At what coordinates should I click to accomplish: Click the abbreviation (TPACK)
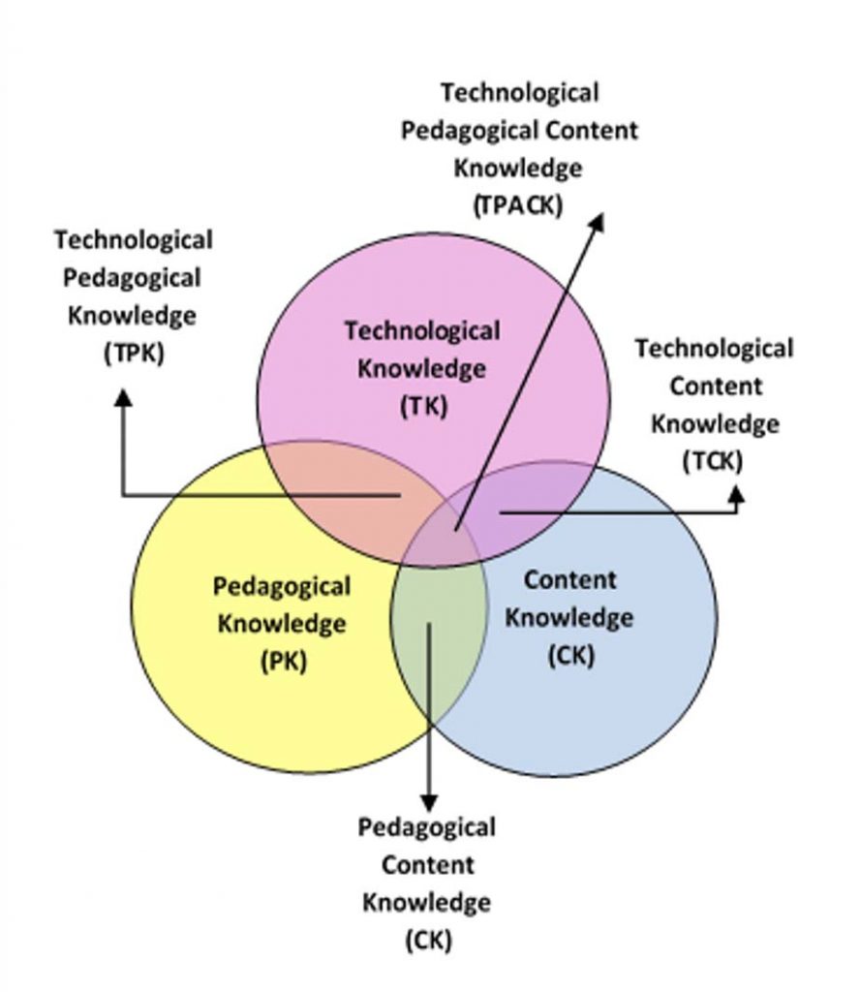(518, 205)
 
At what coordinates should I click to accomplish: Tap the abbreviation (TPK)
(134, 353)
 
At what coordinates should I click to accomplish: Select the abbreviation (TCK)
(713, 461)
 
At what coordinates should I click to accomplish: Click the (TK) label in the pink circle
(423, 406)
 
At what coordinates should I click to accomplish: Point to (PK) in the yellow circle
(284, 661)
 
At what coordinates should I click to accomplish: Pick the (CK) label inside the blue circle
(571, 655)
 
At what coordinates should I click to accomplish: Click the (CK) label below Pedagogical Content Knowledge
(428, 940)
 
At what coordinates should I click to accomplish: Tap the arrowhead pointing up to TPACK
(597, 222)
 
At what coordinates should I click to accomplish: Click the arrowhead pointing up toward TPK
(124, 396)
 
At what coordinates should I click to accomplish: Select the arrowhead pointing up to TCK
(736, 494)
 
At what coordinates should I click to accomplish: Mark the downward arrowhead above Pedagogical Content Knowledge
(429, 803)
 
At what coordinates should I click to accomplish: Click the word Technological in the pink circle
(422, 331)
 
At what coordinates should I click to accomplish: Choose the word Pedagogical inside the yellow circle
(282, 587)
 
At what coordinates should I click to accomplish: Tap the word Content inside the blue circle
(569, 580)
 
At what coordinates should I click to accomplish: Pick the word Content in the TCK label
(715, 386)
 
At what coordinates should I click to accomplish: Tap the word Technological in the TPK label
(133, 240)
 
